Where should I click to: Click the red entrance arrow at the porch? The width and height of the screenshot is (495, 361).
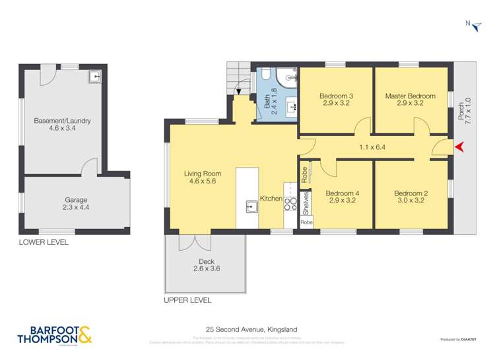click(x=460, y=147)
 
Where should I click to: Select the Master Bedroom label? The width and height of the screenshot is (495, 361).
click(x=410, y=96)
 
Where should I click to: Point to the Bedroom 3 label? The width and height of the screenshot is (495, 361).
click(x=336, y=96)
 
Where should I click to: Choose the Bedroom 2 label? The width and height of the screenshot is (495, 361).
click(x=411, y=193)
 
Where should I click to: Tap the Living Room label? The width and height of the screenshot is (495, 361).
click(x=202, y=174)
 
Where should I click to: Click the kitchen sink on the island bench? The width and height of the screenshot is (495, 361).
click(x=251, y=207)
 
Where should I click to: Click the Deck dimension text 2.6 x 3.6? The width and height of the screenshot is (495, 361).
click(x=206, y=269)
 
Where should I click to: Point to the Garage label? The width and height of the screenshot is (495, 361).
click(x=75, y=200)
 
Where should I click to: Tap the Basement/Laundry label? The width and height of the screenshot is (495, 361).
click(x=62, y=121)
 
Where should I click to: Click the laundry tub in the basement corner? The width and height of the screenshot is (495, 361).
click(x=96, y=77)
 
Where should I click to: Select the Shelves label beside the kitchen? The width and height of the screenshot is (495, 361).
click(x=306, y=203)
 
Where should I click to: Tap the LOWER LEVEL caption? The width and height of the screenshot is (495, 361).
click(x=44, y=242)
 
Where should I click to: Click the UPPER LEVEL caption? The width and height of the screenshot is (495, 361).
click(x=187, y=300)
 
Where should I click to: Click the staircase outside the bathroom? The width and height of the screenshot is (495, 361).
click(x=238, y=77)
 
